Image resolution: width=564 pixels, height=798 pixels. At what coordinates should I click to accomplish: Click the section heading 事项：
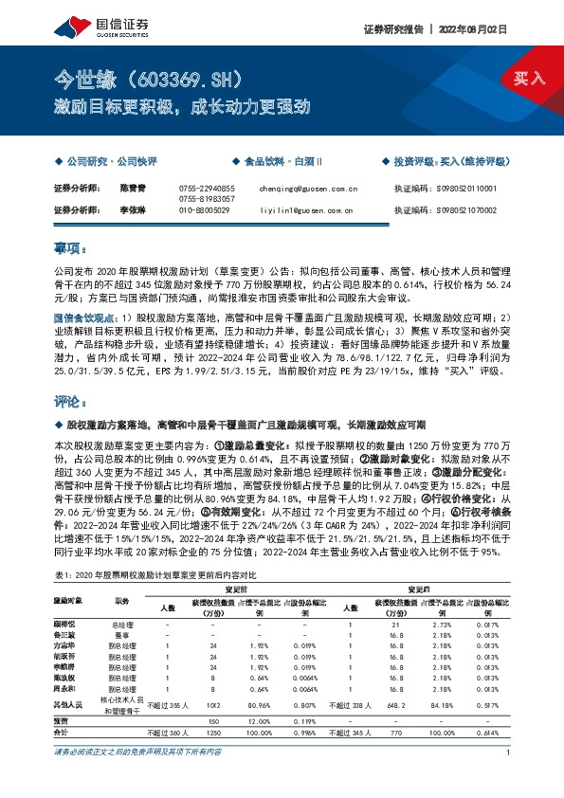coord(70,248)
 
